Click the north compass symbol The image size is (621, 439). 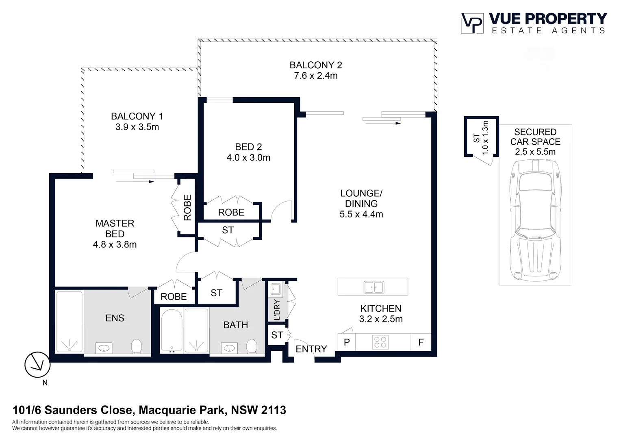coord(37,365)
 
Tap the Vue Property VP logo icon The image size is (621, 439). coord(472,23)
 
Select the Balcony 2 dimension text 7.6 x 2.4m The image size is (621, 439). coord(316,76)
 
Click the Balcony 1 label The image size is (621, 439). coord(137,116)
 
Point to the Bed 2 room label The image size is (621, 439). coord(248,147)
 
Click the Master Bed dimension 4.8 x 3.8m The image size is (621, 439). coord(115,244)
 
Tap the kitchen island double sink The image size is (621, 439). coord(373,287)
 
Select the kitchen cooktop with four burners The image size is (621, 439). coord(380,342)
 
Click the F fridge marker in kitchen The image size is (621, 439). coord(421,342)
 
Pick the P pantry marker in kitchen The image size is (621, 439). coord(347,342)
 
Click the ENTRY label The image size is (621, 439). coord(311,349)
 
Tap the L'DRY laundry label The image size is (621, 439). coord(277,310)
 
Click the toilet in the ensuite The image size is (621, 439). coord(137,346)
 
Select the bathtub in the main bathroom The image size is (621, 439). coord(172,330)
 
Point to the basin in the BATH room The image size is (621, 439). coord(229,348)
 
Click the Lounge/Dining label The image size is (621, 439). coord(361,198)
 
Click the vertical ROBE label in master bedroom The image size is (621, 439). coord(187,207)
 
